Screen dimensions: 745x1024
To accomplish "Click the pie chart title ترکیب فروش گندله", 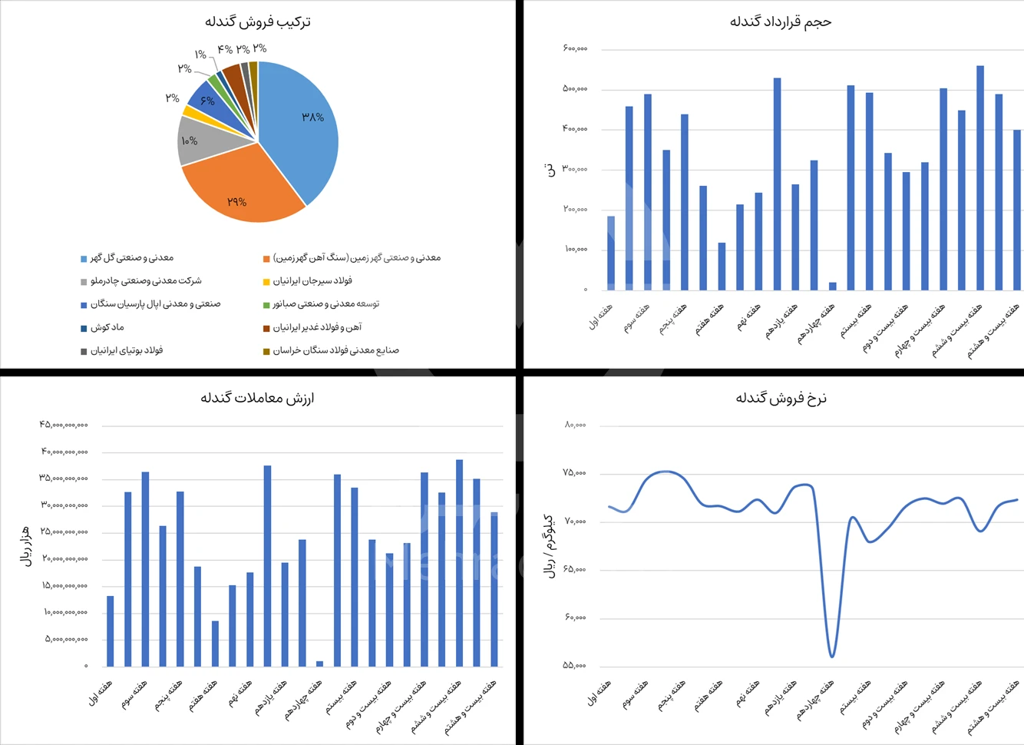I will click(x=258, y=22).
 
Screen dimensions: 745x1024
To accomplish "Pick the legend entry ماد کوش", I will click(x=107, y=327).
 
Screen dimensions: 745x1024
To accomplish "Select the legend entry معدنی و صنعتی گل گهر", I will click(x=131, y=258).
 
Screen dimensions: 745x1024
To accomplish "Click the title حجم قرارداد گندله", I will click(x=780, y=22).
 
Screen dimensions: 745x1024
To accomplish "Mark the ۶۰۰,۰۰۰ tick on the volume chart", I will click(x=575, y=48).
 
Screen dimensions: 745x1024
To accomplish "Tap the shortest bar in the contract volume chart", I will click(x=833, y=286).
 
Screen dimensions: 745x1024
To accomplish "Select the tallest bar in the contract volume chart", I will click(x=980, y=177).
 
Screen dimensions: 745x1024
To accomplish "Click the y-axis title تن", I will click(x=550, y=170).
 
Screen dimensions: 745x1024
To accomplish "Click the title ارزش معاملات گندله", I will click(x=258, y=398).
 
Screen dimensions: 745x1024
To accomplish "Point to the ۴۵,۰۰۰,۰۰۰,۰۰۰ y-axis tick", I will click(x=64, y=425).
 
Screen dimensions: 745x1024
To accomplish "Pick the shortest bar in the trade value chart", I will click(x=319, y=664).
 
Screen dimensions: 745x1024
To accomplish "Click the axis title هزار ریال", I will click(x=25, y=546).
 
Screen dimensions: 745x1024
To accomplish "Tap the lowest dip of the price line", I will click(x=832, y=656).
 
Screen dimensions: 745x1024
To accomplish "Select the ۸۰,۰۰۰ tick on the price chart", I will click(x=575, y=425).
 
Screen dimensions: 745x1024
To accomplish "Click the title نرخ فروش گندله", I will click(x=780, y=398).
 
